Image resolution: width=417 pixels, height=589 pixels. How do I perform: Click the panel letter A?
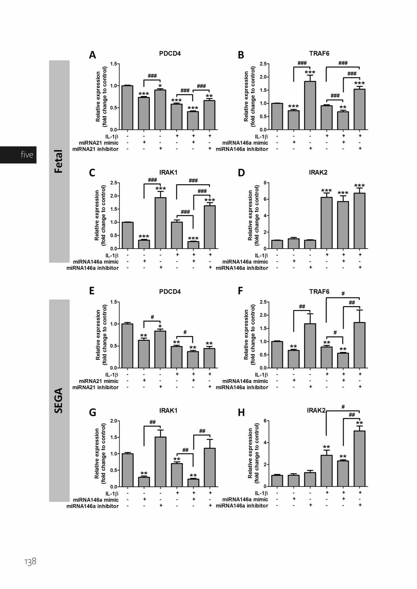(92, 55)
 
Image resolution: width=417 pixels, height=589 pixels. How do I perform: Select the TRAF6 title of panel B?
(319, 54)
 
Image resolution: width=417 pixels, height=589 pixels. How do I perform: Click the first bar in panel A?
(127, 108)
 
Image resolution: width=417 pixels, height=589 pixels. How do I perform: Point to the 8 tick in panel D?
(265, 183)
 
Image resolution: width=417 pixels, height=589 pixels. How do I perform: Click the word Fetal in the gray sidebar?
(59, 161)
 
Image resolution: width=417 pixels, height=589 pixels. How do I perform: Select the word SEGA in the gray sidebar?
(59, 401)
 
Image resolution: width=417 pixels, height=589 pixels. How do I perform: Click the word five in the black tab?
(27, 155)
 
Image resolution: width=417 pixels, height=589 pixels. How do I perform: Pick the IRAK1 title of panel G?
(168, 410)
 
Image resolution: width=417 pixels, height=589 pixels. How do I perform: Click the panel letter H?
(241, 413)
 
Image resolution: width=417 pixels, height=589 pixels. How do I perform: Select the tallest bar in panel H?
(359, 458)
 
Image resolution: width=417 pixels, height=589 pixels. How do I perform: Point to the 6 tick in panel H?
(265, 421)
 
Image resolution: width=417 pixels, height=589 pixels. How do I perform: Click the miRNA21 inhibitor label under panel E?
(95, 387)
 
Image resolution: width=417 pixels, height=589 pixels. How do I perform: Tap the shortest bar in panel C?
(193, 245)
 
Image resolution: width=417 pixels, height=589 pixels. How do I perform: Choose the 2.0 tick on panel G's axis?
(114, 421)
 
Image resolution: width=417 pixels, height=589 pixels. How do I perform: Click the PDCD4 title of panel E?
(170, 292)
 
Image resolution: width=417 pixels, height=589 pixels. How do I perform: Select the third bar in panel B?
(310, 105)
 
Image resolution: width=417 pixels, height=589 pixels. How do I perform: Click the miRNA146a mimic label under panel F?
(245, 381)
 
